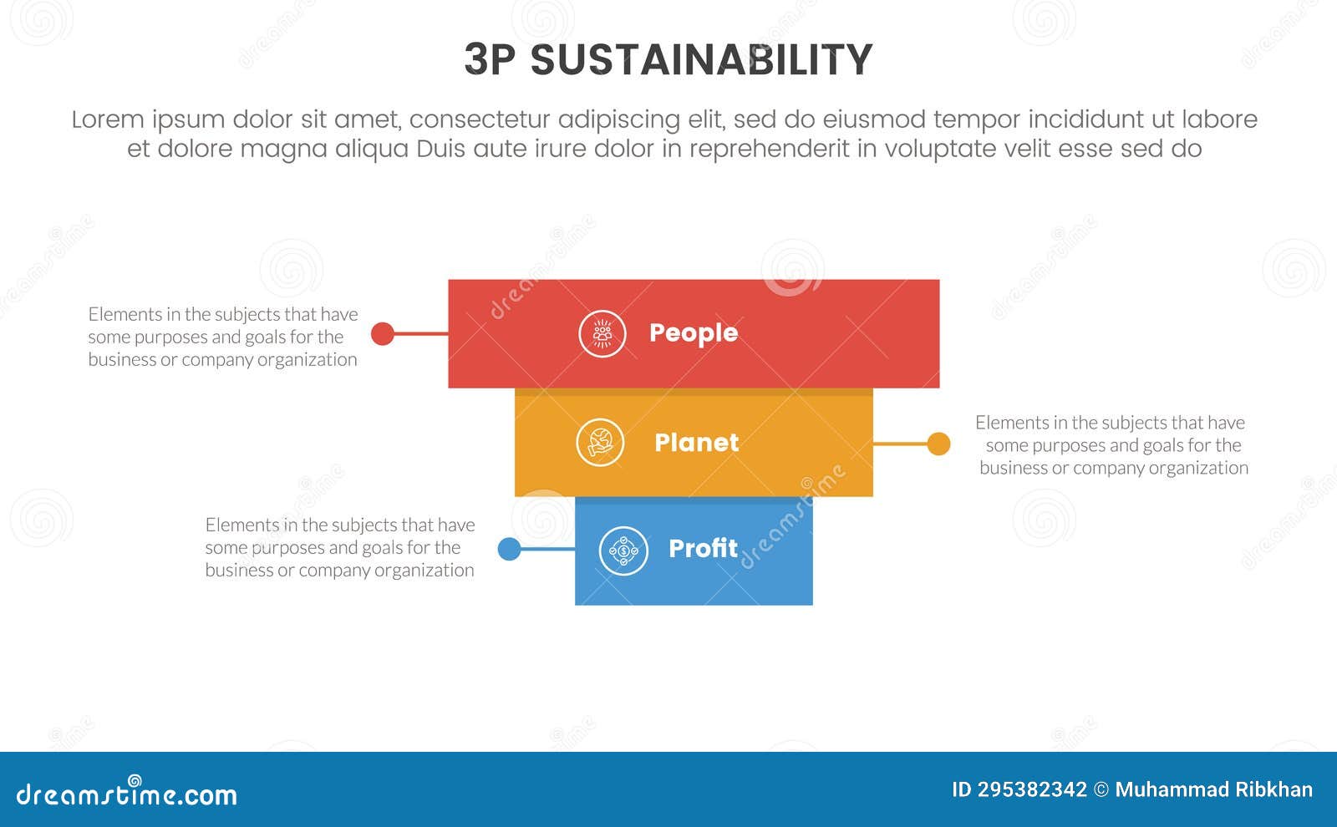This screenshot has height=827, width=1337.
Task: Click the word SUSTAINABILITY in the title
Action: click(701, 59)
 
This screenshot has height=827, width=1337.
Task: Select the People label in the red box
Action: click(694, 333)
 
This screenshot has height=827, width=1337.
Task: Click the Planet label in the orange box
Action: click(697, 443)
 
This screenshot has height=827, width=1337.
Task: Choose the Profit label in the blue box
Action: click(703, 548)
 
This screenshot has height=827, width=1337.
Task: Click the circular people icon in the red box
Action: click(602, 333)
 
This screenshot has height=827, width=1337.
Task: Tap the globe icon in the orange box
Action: click(601, 443)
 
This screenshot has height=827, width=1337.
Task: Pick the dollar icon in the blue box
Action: click(623, 550)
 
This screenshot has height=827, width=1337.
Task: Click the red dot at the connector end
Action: click(383, 333)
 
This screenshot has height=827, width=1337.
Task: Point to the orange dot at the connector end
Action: click(939, 444)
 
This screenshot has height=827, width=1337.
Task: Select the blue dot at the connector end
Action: click(509, 549)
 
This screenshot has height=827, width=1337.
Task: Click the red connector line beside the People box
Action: click(421, 333)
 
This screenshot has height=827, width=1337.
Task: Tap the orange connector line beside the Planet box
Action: click(901, 444)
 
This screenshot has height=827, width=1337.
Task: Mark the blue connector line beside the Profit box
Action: click(548, 549)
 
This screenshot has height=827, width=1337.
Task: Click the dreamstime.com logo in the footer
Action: click(126, 792)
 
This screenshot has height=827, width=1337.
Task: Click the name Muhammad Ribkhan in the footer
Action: click(1214, 790)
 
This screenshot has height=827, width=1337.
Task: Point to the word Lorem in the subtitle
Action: click(108, 119)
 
